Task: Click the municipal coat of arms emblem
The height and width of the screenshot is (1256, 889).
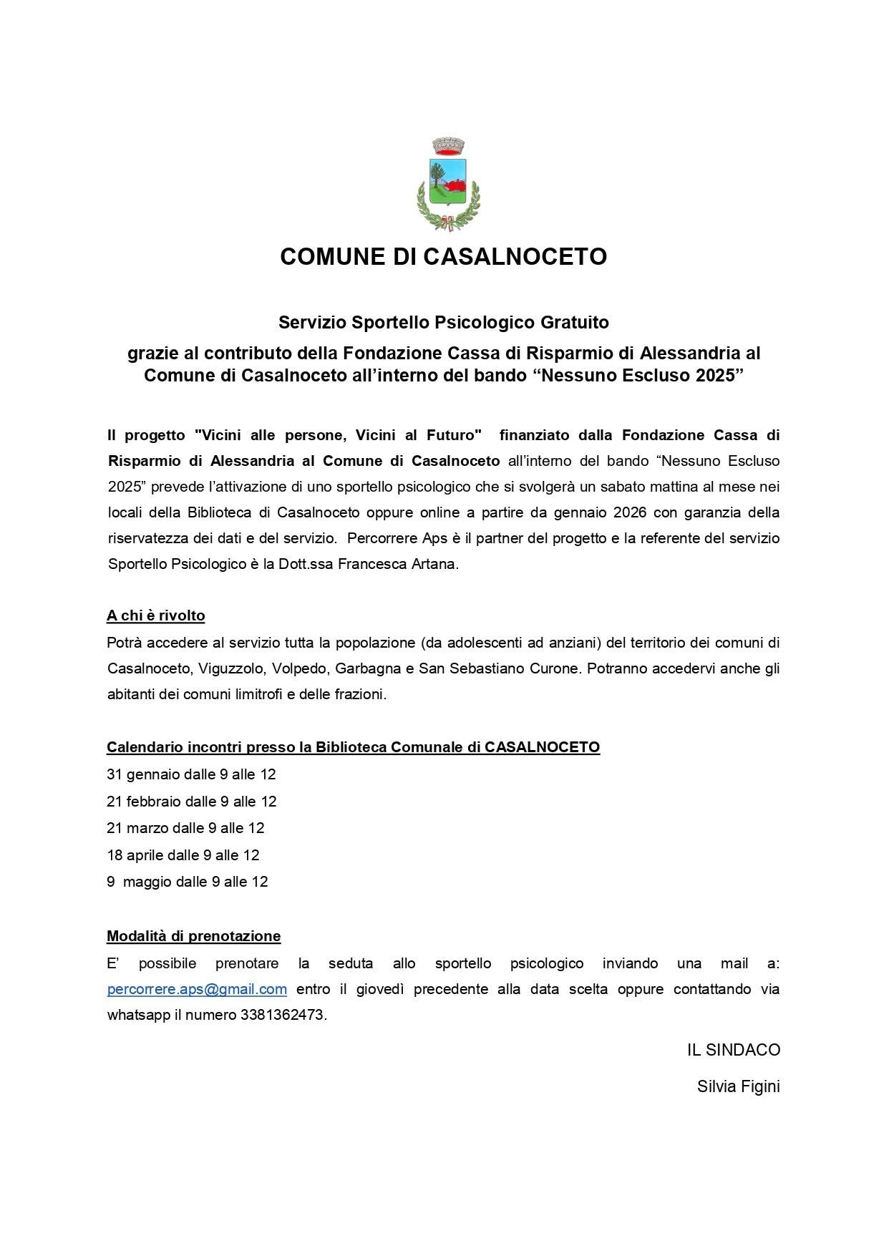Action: click(447, 185)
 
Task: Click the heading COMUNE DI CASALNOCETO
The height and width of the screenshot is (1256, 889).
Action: click(443, 256)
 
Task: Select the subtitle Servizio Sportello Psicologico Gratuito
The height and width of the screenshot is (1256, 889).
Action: click(443, 322)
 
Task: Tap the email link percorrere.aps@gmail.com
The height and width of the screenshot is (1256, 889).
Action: click(197, 989)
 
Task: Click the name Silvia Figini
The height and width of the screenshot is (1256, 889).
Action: click(738, 1086)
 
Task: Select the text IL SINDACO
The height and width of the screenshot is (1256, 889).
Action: click(733, 1050)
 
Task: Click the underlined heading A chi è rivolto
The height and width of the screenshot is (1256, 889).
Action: click(156, 615)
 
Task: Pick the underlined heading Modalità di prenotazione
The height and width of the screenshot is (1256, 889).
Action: click(193, 936)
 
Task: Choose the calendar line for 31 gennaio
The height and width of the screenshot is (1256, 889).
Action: click(191, 774)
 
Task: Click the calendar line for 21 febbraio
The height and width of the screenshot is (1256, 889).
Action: click(191, 802)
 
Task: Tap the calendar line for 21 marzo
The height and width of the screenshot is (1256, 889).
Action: click(185, 828)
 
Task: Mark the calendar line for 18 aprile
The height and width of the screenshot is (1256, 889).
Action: click(183, 855)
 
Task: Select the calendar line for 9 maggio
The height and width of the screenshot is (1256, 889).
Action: click(188, 882)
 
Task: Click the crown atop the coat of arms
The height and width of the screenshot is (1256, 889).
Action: click(449, 146)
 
